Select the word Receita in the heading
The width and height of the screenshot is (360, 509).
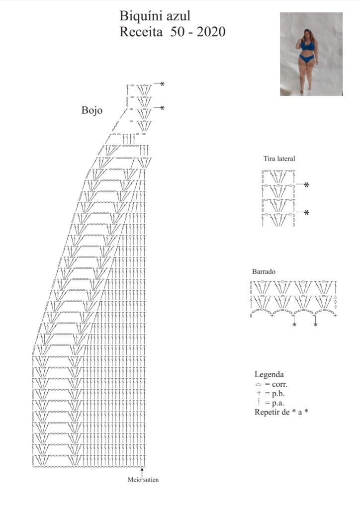click(x=141, y=32)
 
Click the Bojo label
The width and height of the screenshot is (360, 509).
click(x=92, y=110)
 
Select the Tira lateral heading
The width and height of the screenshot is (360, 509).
click(x=279, y=159)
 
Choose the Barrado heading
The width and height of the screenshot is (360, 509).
click(x=264, y=271)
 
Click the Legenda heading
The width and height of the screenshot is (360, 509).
click(x=269, y=374)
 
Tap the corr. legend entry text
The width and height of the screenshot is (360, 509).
click(x=279, y=384)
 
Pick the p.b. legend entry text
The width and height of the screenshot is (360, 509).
click(x=278, y=394)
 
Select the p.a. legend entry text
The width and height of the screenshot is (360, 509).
click(x=278, y=403)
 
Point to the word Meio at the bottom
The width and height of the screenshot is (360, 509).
click(x=134, y=480)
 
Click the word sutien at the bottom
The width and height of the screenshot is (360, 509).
click(x=151, y=480)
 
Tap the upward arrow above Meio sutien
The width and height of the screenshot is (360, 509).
click(x=142, y=472)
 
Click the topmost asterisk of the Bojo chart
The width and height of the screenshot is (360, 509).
click(x=162, y=84)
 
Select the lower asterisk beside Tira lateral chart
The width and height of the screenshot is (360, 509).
click(x=306, y=213)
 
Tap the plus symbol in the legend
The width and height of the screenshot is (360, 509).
click(x=259, y=394)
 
